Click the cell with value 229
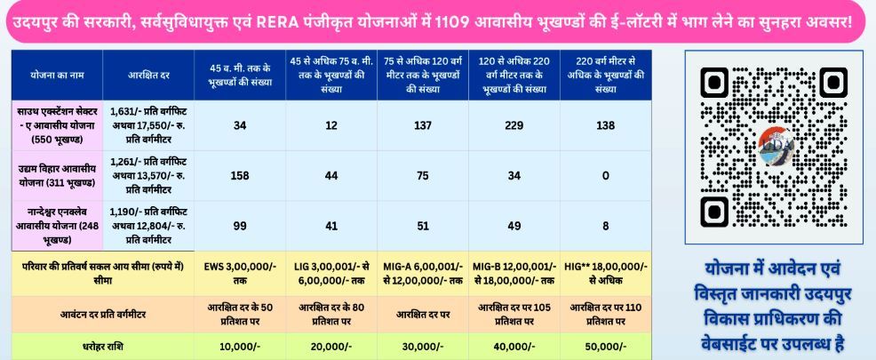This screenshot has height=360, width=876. [x=511, y=126]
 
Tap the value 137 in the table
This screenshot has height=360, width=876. [x=422, y=126]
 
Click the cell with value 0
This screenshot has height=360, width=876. [x=605, y=176]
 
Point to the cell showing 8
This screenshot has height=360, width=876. [x=605, y=226]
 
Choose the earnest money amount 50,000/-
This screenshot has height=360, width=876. [x=605, y=345]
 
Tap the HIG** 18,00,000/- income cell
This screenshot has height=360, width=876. [x=605, y=272]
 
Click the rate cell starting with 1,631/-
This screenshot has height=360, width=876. [x=147, y=126]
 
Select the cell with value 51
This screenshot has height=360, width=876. [x=422, y=226]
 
